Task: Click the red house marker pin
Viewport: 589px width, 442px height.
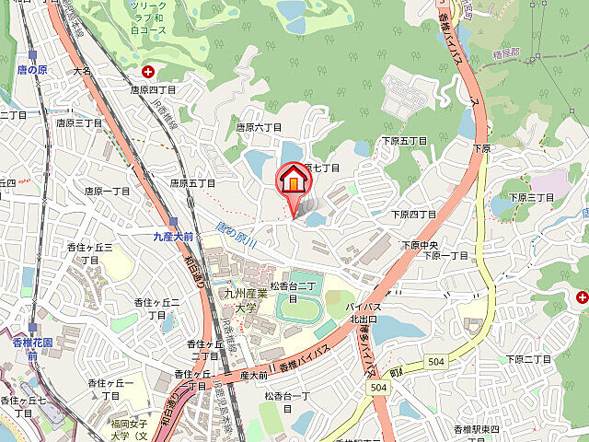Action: [x=293, y=179]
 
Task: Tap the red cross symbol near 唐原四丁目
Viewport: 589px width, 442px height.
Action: [x=147, y=72]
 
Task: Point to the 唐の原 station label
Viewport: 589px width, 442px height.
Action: [x=32, y=69]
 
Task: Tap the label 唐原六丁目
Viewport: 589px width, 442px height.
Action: [x=259, y=128]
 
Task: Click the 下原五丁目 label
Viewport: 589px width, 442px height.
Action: [x=405, y=141]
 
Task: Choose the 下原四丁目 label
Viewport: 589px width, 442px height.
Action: [x=414, y=215]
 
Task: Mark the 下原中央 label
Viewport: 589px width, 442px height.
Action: [x=423, y=245]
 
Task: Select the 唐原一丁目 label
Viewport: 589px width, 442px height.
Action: [x=108, y=192]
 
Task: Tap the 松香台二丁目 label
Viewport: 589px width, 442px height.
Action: [x=293, y=292]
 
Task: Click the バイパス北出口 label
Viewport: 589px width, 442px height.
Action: [x=364, y=313]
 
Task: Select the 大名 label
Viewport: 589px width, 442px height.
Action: [x=83, y=69]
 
